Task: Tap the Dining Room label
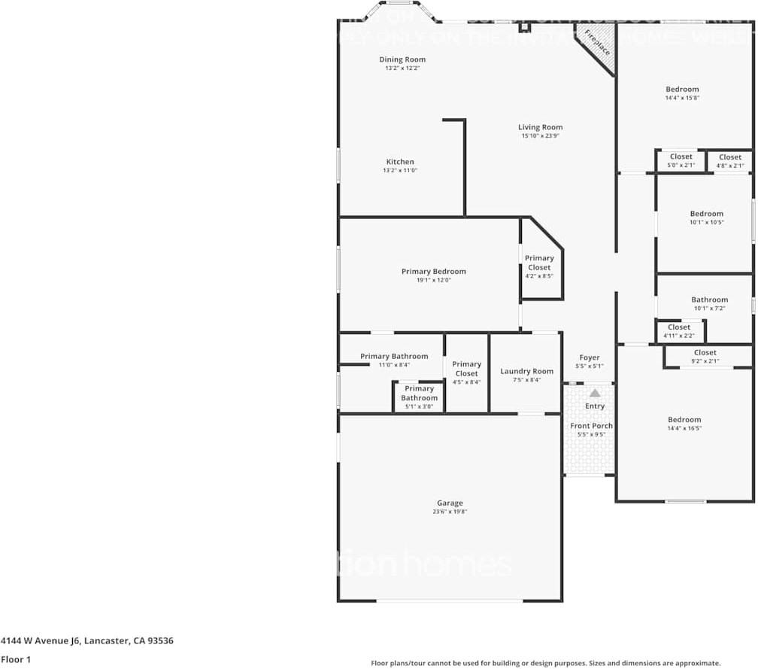pos(402,59)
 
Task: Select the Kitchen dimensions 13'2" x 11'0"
pos(400,171)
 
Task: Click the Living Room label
pos(540,127)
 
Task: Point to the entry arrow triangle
pos(595,393)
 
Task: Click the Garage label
pos(450,503)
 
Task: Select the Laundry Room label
pos(526,371)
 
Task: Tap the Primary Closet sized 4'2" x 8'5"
pos(539,266)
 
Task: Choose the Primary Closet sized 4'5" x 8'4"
pos(466,373)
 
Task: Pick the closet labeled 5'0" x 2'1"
pos(681,160)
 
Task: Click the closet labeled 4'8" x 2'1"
pos(730,160)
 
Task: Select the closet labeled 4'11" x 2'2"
pos(678,331)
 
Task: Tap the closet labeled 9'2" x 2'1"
pos(705,356)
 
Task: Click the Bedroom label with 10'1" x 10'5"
pos(706,214)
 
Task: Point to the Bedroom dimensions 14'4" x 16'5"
pos(684,428)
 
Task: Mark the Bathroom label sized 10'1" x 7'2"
pos(709,300)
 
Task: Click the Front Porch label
pos(591,426)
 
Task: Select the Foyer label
pos(590,357)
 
